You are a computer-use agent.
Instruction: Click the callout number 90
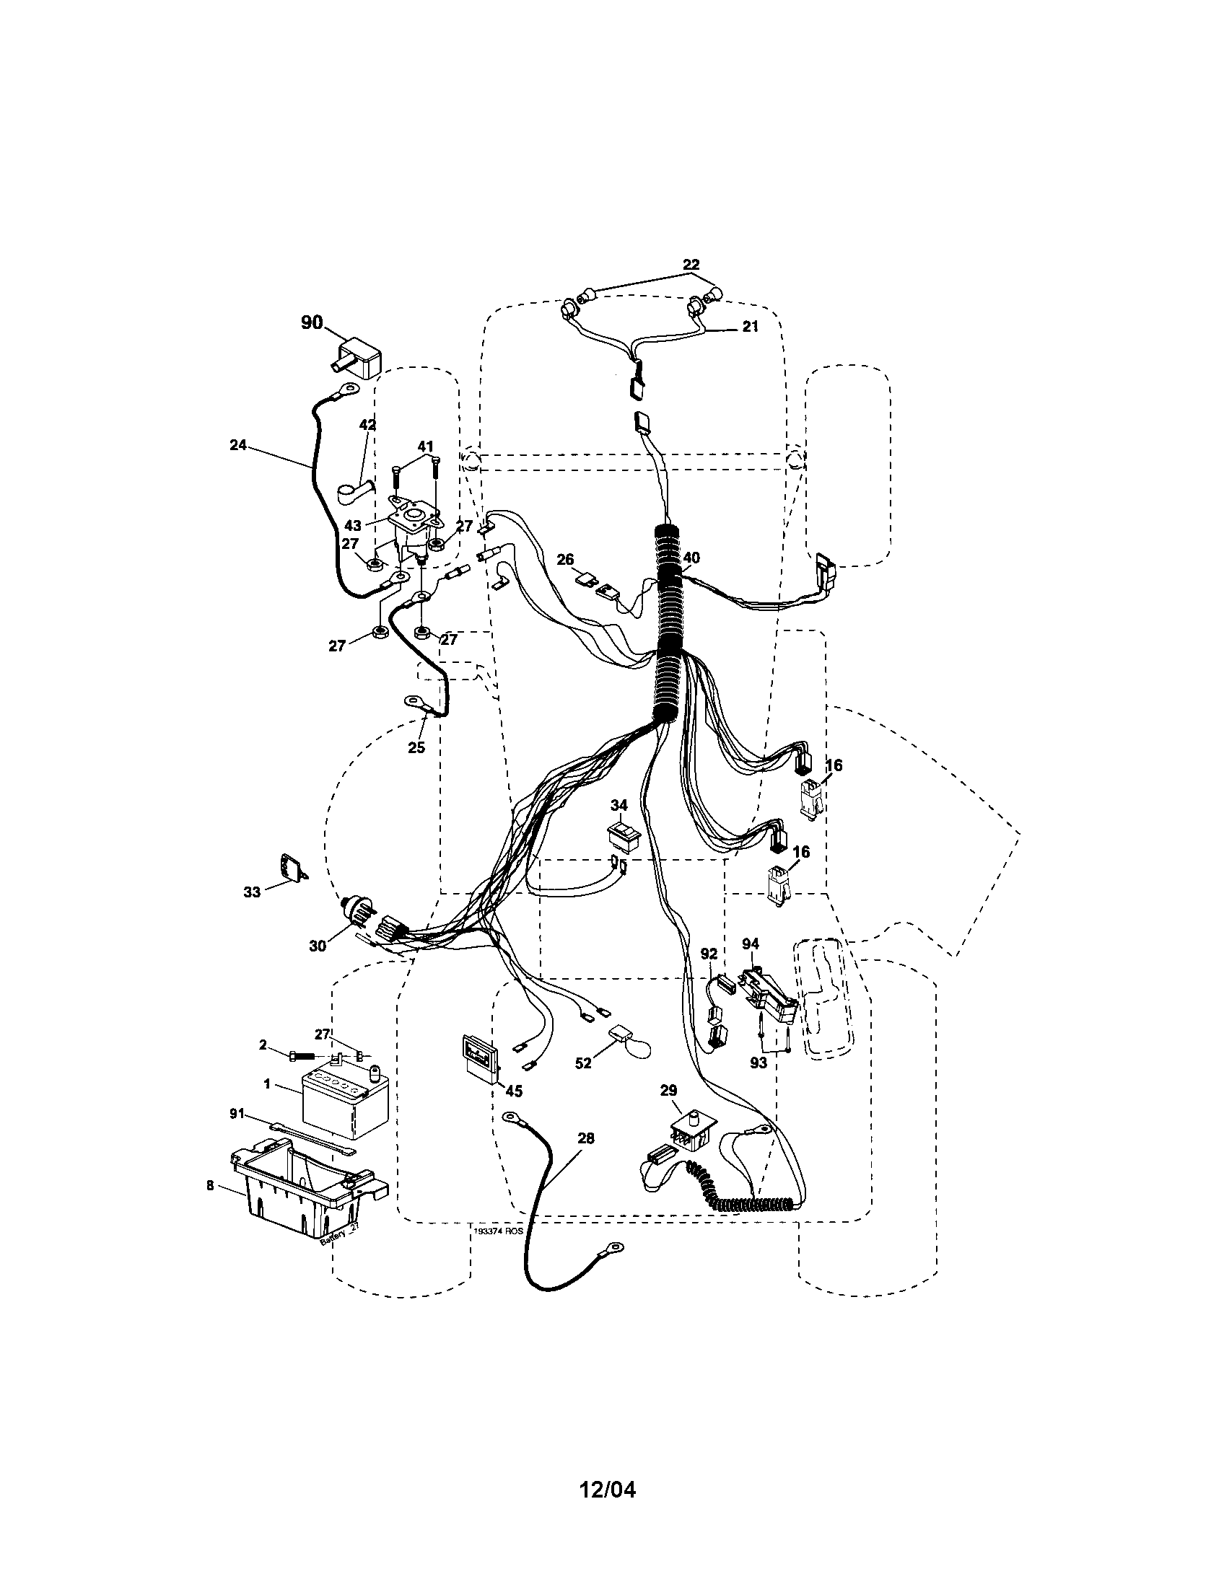click(x=312, y=322)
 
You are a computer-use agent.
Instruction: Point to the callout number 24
click(x=237, y=445)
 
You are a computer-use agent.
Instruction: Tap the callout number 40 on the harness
click(x=691, y=558)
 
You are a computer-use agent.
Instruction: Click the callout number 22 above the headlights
click(x=691, y=265)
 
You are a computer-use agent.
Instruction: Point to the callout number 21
click(x=750, y=327)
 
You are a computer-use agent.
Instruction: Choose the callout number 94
click(x=750, y=944)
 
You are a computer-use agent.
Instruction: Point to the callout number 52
click(x=583, y=1063)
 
